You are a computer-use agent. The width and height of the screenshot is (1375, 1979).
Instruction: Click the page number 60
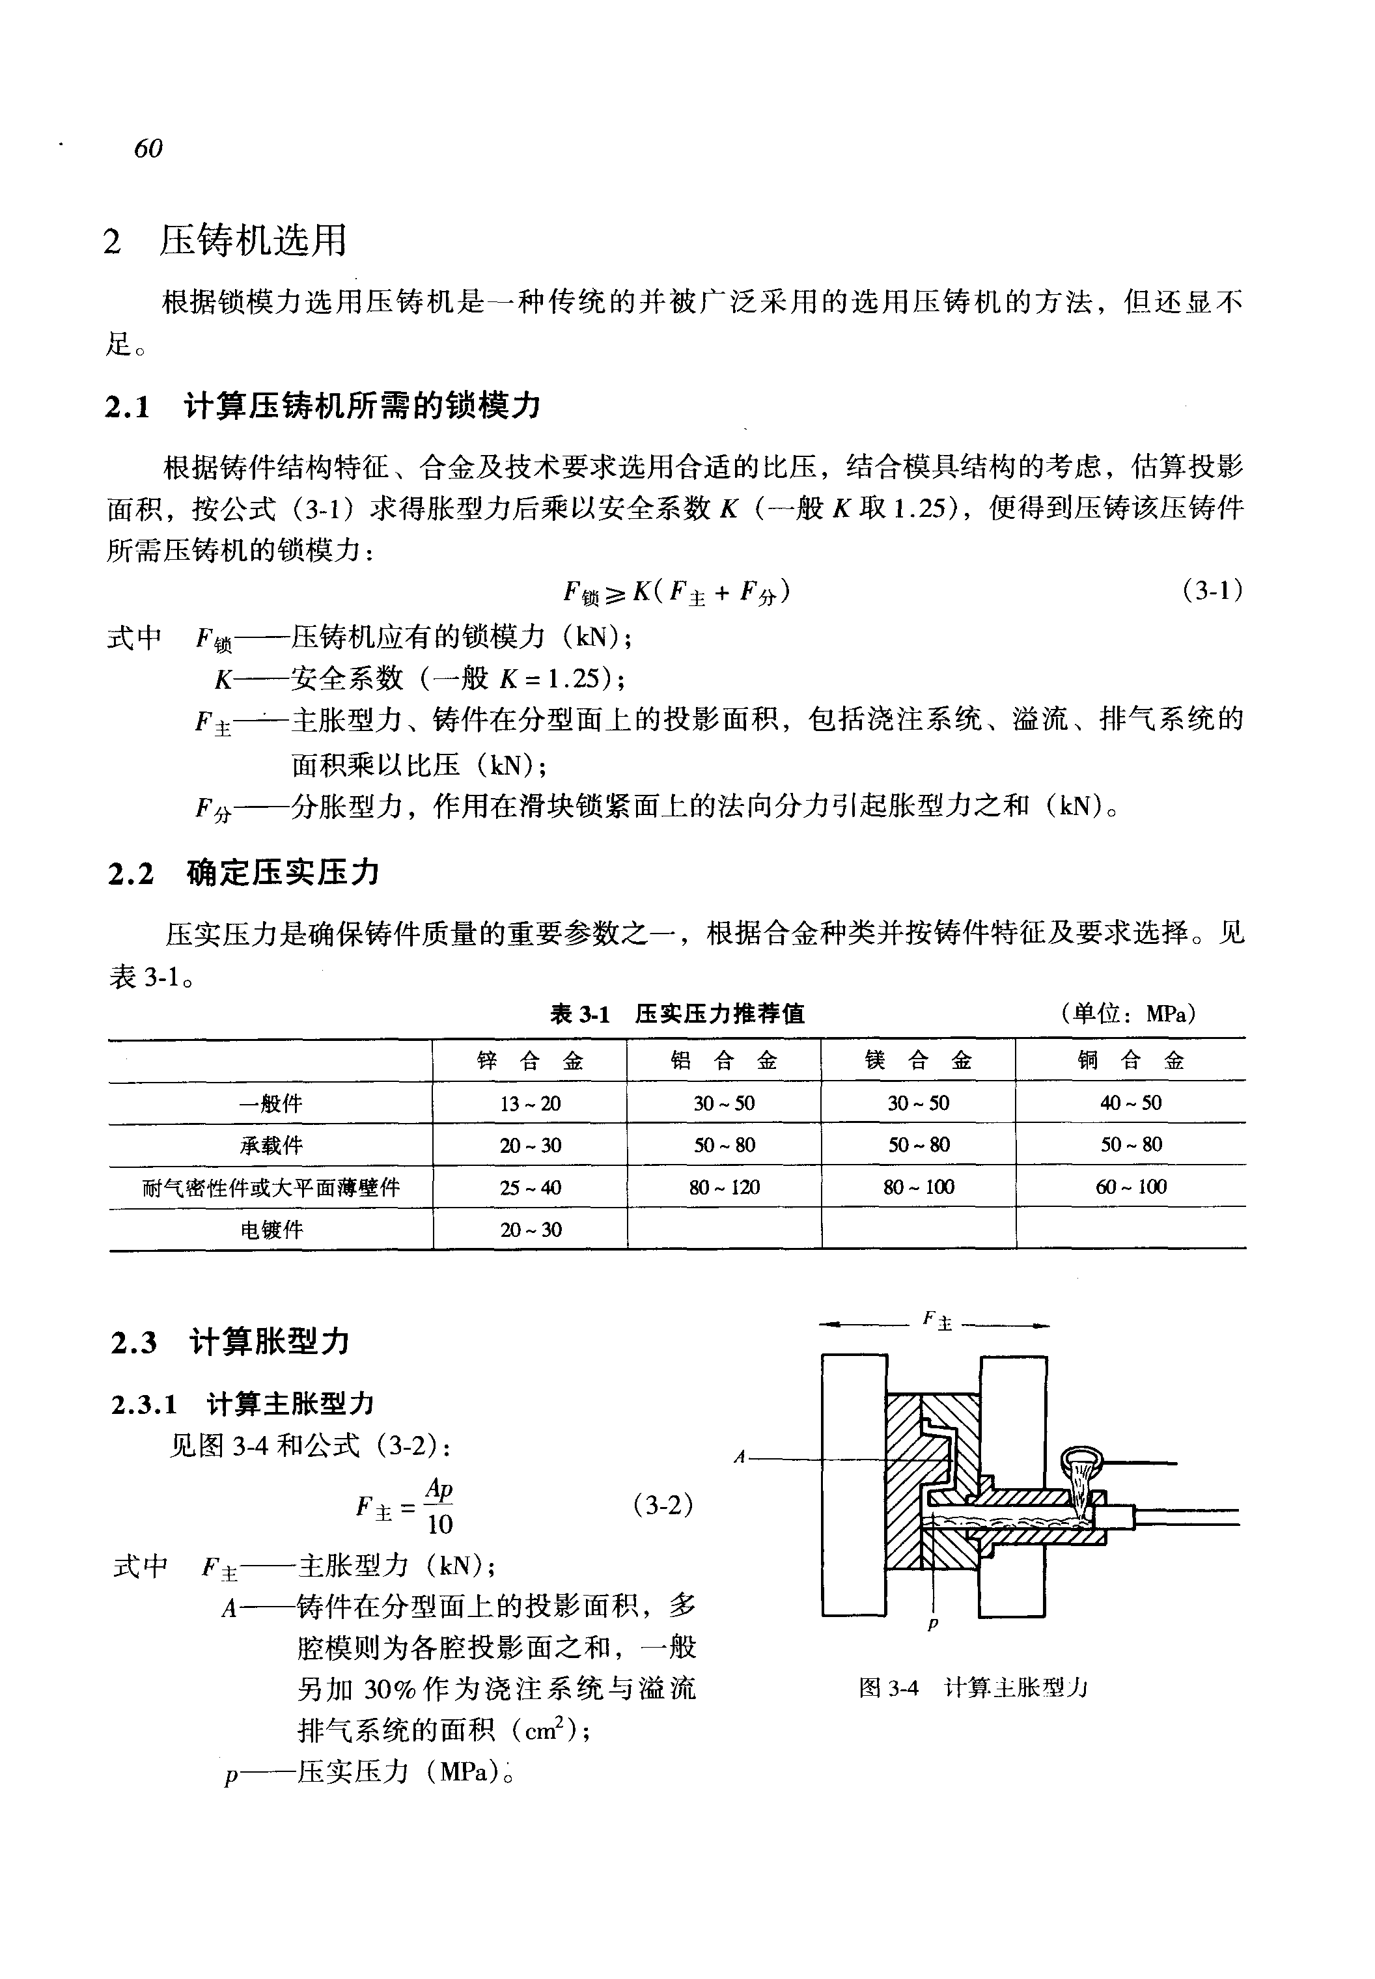click(148, 149)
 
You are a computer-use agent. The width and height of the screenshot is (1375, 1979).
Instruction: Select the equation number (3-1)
click(1213, 591)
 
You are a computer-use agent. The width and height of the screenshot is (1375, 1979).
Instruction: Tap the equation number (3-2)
click(663, 1504)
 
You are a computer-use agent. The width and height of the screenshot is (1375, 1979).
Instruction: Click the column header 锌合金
click(530, 1060)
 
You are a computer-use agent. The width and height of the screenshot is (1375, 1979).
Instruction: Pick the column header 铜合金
click(1130, 1060)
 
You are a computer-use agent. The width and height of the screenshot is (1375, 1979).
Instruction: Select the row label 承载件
click(271, 1146)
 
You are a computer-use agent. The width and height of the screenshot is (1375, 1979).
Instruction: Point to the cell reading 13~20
click(530, 1103)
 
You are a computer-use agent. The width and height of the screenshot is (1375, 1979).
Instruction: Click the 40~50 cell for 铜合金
click(1130, 1103)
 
